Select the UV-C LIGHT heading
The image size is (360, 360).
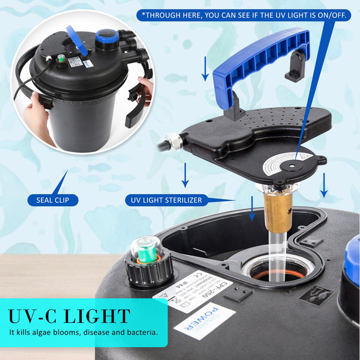pos(69,316)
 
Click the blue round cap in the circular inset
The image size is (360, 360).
pos(106,37)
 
